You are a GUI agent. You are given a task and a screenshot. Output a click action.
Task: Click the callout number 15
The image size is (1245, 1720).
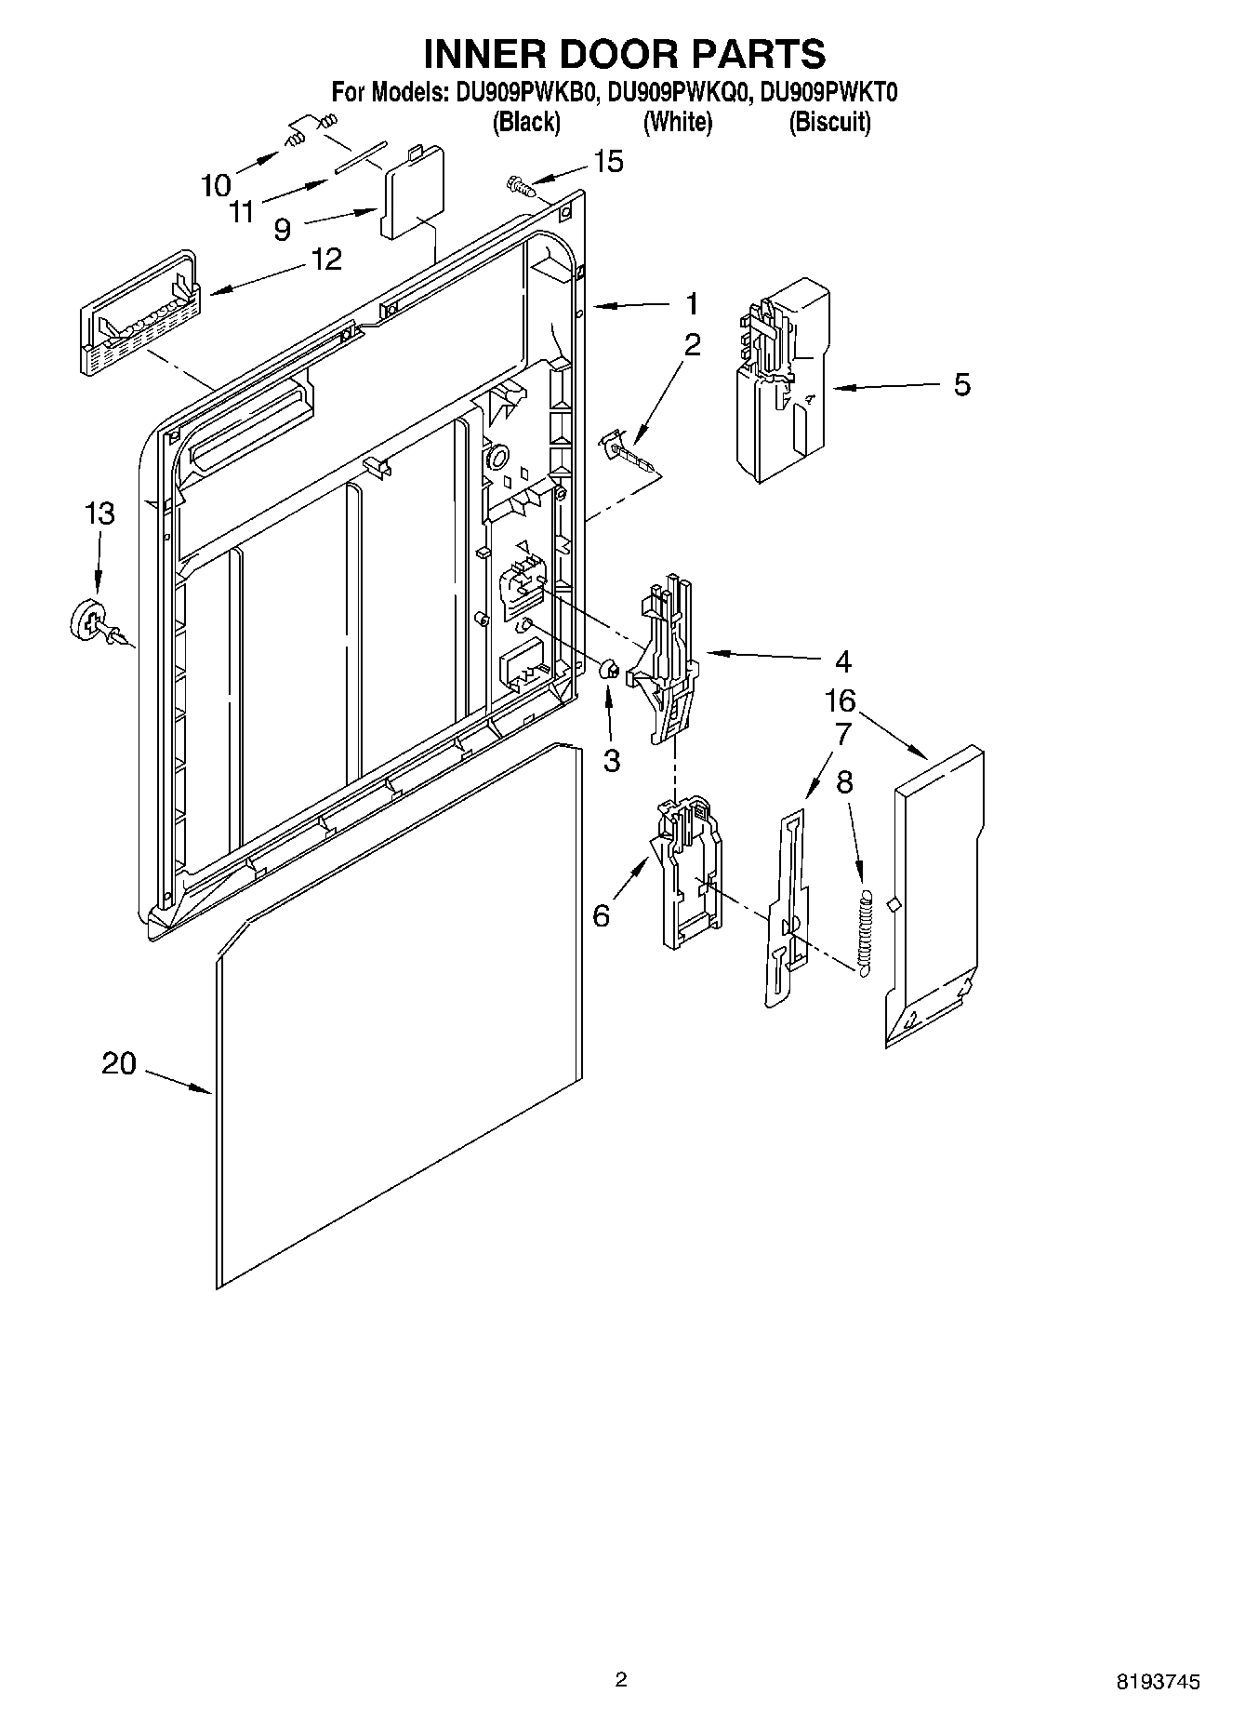pos(608,162)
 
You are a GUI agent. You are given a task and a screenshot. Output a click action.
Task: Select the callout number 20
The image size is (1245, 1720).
pos(119,1063)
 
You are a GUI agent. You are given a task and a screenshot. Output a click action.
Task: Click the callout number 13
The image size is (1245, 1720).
pos(100,513)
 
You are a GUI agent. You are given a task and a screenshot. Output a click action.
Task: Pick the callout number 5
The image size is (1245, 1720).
pos(962,384)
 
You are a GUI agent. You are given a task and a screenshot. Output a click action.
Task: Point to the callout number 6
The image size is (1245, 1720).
pos(602,915)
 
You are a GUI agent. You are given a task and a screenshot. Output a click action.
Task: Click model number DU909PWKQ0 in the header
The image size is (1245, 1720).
pos(678,93)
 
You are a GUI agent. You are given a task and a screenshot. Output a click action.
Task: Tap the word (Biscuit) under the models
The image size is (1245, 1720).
pos(829,122)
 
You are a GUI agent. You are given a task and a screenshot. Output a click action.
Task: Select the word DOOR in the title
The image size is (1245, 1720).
pos(625,54)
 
